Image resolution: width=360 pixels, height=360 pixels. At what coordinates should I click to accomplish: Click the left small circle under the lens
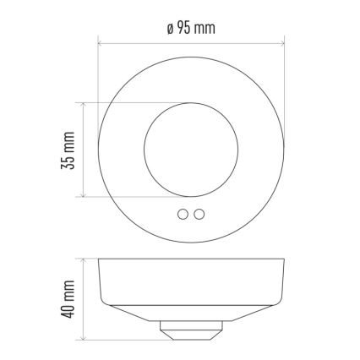(183, 215)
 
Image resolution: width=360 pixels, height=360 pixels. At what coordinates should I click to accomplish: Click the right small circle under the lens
(199, 215)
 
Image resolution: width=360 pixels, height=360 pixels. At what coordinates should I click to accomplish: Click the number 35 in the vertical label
(69, 161)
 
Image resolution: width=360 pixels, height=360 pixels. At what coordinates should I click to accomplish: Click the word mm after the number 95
(205, 28)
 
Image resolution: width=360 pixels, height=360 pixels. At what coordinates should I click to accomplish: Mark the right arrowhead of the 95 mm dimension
(281, 40)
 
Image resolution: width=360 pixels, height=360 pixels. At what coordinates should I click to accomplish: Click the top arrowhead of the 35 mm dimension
(83, 105)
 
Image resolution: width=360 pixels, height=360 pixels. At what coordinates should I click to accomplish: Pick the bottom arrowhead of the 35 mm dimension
(83, 194)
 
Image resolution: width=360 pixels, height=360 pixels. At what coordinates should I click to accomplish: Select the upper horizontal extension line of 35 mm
(127, 102)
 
